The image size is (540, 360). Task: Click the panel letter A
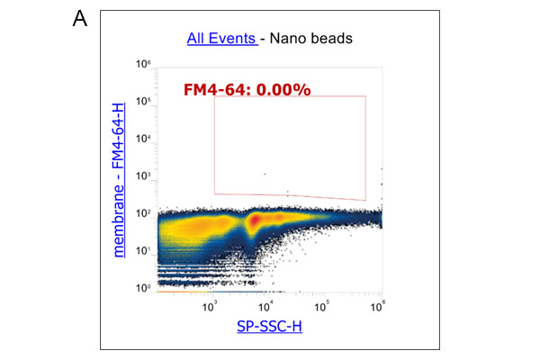78,19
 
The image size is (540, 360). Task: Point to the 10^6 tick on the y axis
143,65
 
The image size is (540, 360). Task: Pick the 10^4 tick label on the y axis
143,139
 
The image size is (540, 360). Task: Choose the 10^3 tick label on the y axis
143,176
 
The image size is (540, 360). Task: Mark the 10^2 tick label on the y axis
143,213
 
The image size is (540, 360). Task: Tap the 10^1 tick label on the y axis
143,251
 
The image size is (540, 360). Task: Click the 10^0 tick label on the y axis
143,288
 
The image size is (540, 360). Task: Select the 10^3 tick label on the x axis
211,306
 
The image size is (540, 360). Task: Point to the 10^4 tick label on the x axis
267,306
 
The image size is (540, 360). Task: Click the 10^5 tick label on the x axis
325,306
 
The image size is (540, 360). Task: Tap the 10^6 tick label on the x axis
381,306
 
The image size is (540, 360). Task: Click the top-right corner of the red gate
365,96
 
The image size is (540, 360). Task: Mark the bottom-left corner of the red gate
215,193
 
